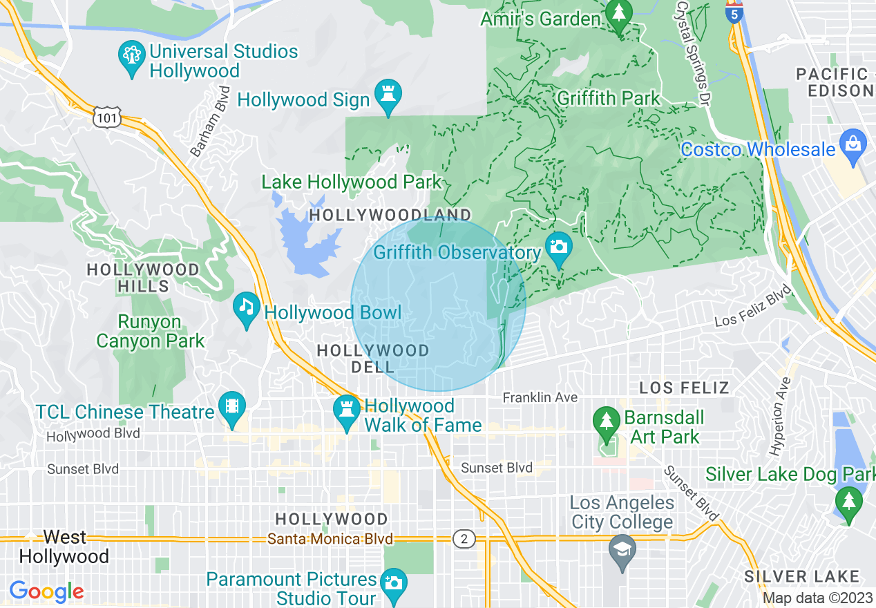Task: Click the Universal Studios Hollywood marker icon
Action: click(131, 59)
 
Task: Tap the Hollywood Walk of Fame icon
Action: click(346, 412)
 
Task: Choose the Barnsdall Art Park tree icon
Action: click(607, 424)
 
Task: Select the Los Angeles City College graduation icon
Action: click(622, 550)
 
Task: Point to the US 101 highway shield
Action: click(108, 117)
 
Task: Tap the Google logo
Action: click(46, 591)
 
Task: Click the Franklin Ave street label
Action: click(540, 398)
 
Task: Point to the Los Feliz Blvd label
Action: click(752, 307)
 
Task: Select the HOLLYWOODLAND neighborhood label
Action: click(390, 215)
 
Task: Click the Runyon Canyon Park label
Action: click(151, 332)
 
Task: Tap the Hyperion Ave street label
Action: click(781, 417)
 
